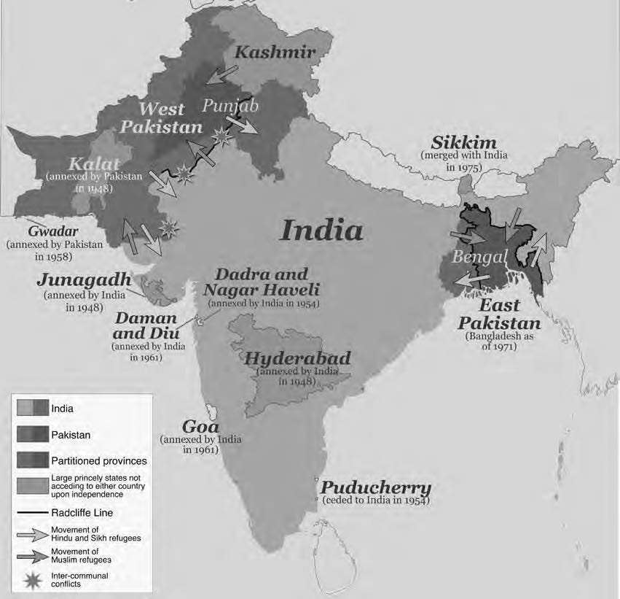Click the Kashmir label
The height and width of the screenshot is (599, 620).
[275, 53]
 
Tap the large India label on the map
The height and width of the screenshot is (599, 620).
[321, 231]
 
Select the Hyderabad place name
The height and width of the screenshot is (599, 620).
[297, 358]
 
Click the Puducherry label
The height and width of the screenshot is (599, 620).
[376, 487]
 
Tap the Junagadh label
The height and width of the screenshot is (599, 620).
[85, 281]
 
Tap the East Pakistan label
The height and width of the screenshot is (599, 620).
[499, 314]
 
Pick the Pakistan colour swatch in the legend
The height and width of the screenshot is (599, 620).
[30, 434]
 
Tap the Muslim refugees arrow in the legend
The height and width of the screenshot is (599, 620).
[30, 554]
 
